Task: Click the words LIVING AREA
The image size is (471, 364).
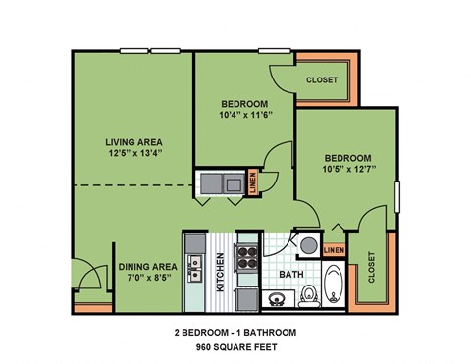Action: click(x=133, y=139)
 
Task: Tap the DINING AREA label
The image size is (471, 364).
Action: click(x=147, y=266)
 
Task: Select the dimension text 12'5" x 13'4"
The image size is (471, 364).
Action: click(x=133, y=152)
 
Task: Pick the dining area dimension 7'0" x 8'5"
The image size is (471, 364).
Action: click(x=147, y=278)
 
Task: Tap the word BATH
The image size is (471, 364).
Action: click(x=291, y=275)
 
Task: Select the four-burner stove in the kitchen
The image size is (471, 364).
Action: click(x=246, y=260)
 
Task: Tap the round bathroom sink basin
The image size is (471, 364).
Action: click(x=308, y=245)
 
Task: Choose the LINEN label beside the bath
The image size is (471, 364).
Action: click(x=335, y=251)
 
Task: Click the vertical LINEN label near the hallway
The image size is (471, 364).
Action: click(x=253, y=183)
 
